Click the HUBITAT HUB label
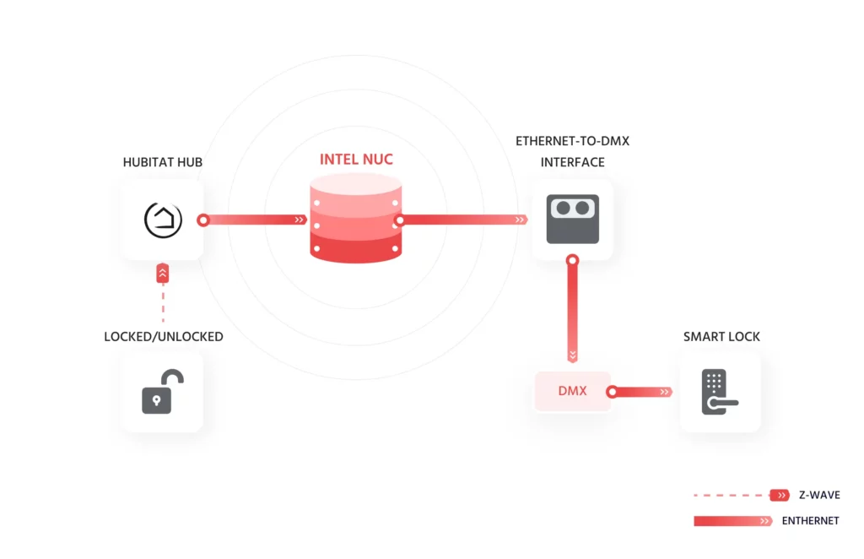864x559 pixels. pos(163,161)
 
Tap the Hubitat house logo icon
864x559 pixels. pos(163,220)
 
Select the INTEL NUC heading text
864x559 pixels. pos(356,159)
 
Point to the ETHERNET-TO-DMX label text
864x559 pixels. pos(572,141)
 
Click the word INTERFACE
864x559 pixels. pos(572,162)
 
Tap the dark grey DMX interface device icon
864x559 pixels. pos(572,220)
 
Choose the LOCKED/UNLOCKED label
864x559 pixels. pos(163,336)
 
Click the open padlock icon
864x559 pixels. pos(162,392)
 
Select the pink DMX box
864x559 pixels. pos(572,392)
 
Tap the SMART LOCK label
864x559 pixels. pos(721,336)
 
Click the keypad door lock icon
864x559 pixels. pos(718,392)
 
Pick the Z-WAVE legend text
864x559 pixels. pos(818,495)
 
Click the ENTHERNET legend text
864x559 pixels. pos(810,521)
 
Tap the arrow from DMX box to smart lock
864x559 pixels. pos(641,392)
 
